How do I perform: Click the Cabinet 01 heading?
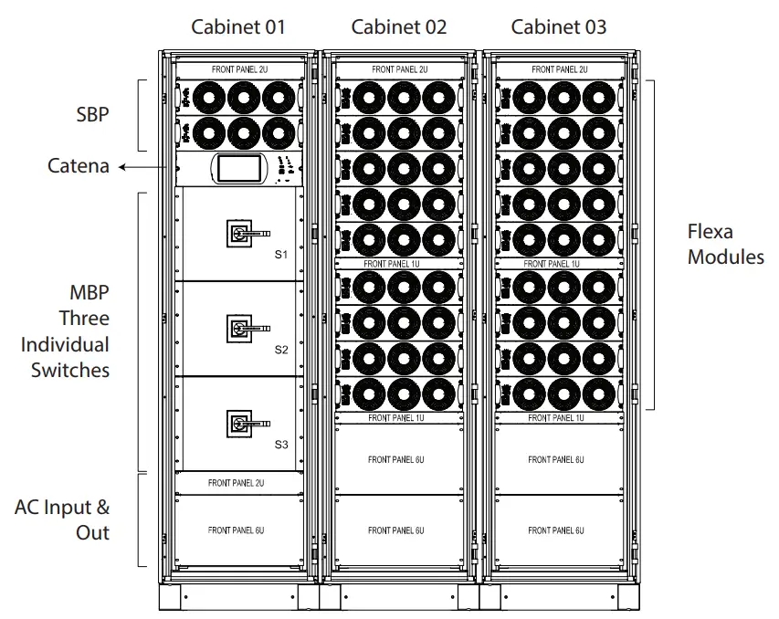[x=238, y=26]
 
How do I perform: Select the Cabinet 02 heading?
[x=399, y=26]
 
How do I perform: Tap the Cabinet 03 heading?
[x=559, y=26]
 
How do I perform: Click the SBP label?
[x=92, y=116]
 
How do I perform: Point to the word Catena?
[x=79, y=166]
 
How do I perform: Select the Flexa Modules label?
[x=725, y=245]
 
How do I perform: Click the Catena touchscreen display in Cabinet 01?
[x=237, y=169]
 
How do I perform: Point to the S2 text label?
[x=281, y=350]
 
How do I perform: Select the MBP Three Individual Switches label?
[x=65, y=331]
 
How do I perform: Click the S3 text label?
[x=281, y=445]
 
